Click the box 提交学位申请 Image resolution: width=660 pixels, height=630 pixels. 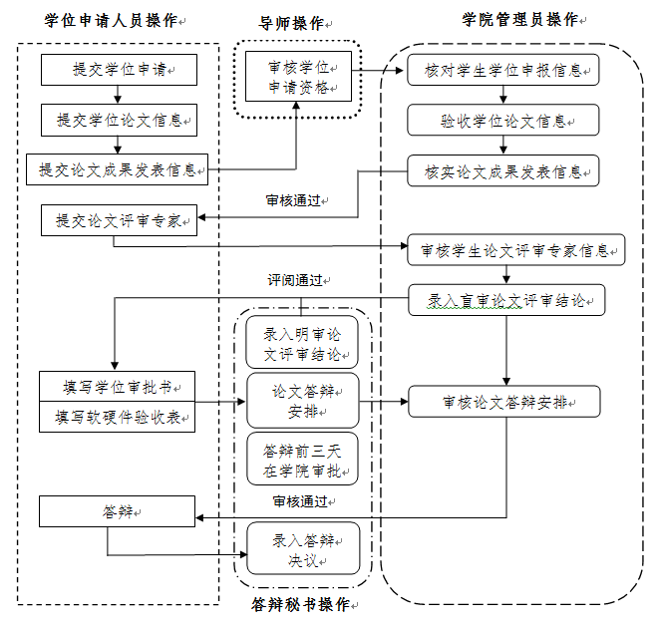(119, 70)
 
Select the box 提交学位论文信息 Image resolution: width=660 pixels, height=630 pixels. (119, 120)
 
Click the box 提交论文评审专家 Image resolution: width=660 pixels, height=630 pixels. (119, 221)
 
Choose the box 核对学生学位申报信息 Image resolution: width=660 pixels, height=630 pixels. (503, 71)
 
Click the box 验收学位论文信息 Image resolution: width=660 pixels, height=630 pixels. (503, 121)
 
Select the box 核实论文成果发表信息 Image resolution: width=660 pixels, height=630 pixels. (503, 171)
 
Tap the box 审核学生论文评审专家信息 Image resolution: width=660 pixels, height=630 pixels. (516, 249)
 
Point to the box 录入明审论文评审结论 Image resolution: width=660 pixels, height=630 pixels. (301, 345)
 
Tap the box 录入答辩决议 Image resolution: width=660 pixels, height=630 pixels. (301, 549)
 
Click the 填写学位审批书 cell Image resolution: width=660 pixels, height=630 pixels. (118, 387)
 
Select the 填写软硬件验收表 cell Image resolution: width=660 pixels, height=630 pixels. (118, 418)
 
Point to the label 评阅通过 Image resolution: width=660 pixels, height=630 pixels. (293, 281)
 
